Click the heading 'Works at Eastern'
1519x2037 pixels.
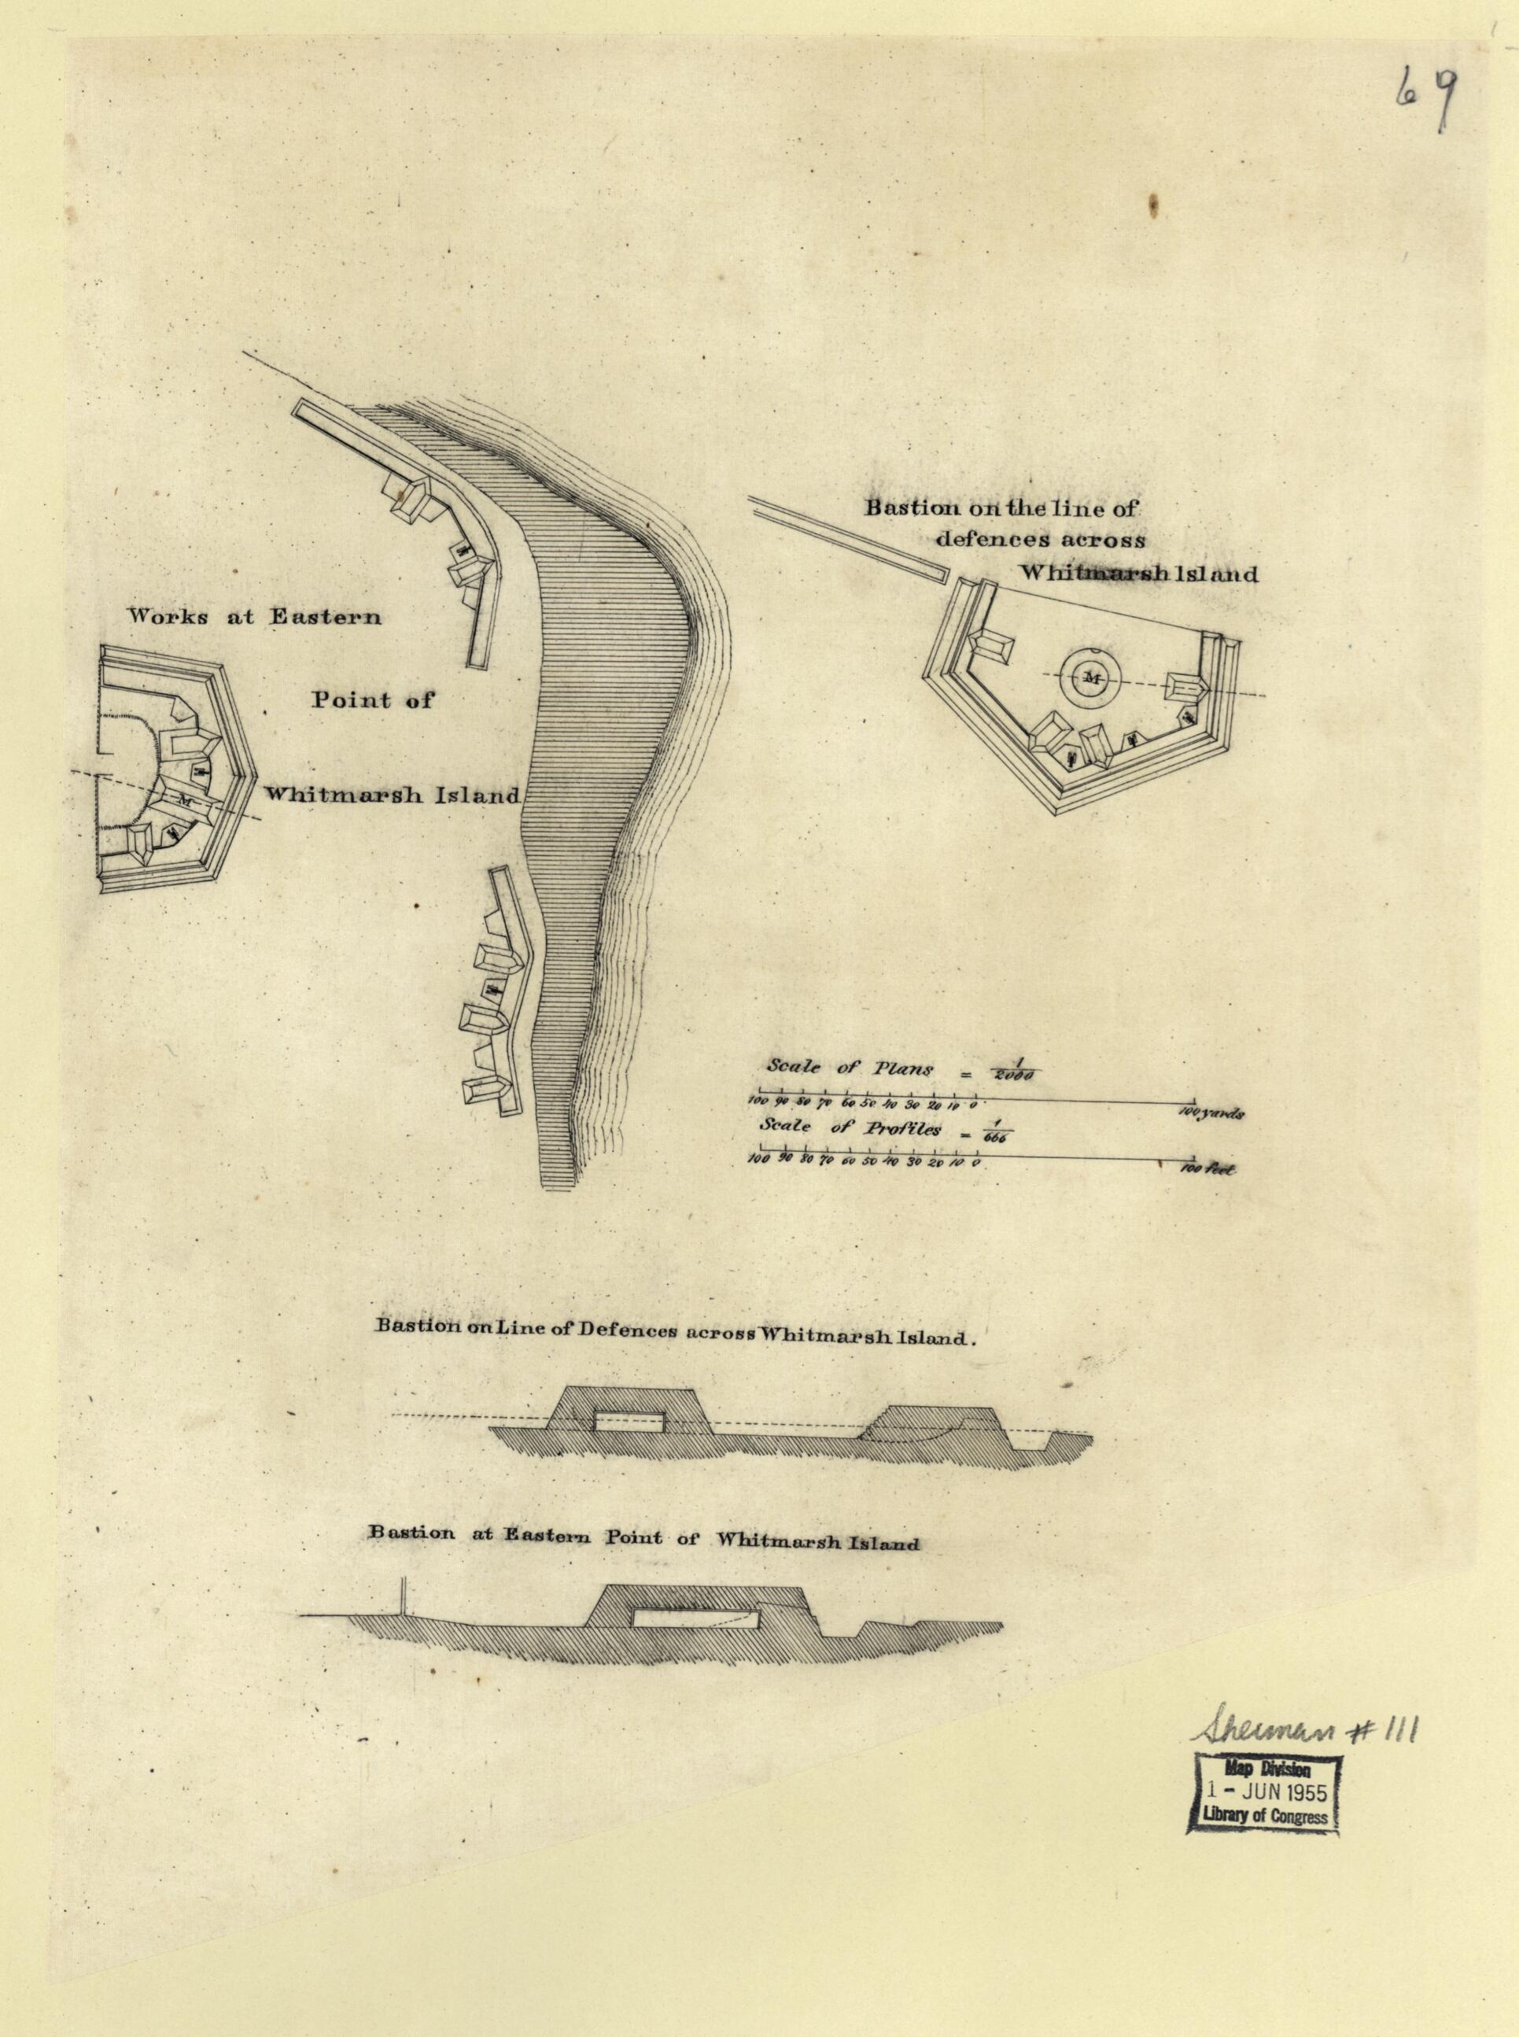pyautogui.click(x=254, y=617)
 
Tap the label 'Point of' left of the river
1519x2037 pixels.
pyautogui.click(x=371, y=699)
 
